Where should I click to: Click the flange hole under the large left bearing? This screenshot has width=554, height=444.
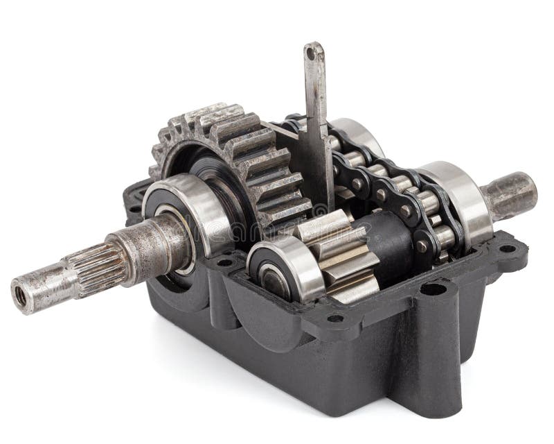pos(224,262)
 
